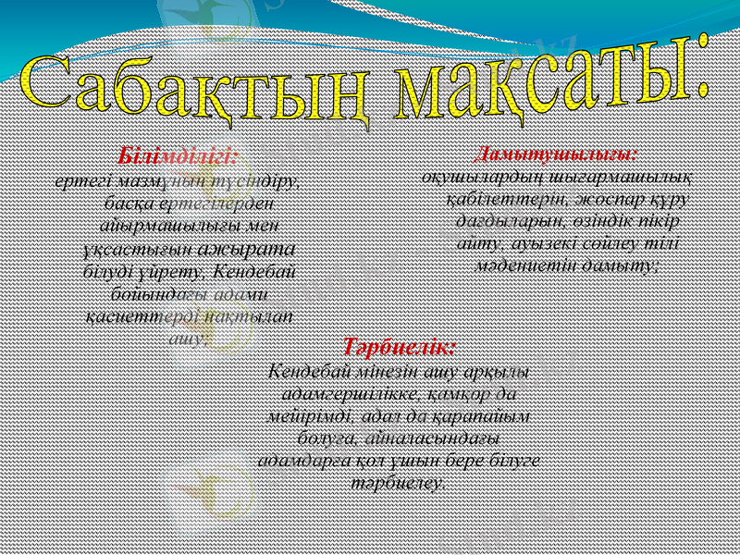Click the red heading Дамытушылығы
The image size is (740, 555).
tap(555, 154)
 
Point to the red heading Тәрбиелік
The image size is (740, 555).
tap(399, 349)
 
